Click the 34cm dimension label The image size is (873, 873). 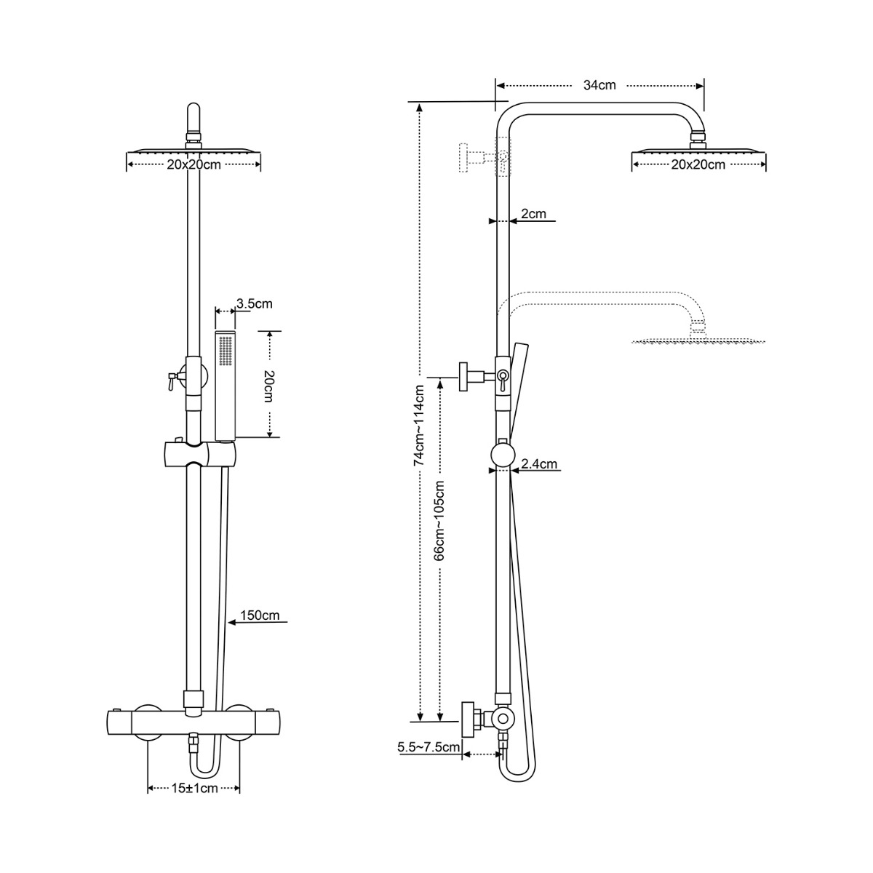[x=599, y=85]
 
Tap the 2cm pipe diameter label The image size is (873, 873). [x=534, y=213]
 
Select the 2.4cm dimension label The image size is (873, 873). [x=539, y=463]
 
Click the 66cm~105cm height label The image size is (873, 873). [x=439, y=521]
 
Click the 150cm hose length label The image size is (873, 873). [x=260, y=615]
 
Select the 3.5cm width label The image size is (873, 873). [x=254, y=303]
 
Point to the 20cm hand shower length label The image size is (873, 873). [x=268, y=386]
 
